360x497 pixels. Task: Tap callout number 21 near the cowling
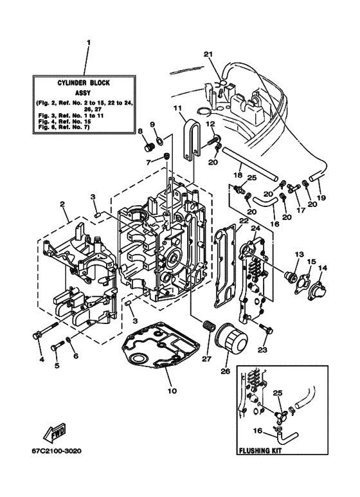coord(207,53)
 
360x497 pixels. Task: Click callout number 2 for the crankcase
coord(62,205)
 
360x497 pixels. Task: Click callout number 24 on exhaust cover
coord(255,228)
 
